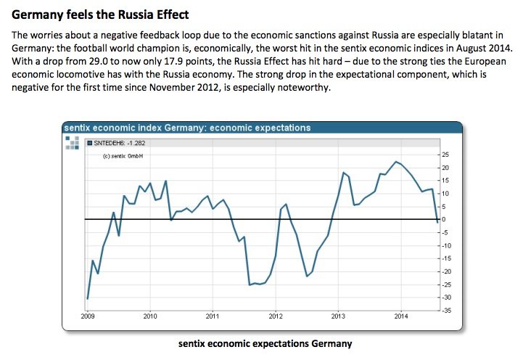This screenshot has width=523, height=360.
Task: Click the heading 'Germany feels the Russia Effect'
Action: [x=100, y=14]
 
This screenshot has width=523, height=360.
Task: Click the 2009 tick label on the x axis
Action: [x=88, y=316]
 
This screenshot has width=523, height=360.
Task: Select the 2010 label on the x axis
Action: [x=150, y=316]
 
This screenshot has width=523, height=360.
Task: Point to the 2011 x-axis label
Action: [x=213, y=316]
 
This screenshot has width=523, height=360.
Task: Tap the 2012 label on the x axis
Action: [x=276, y=316]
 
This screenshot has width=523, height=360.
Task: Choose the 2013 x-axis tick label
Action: [x=338, y=316]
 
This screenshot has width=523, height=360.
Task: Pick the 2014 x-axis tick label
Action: [x=401, y=316]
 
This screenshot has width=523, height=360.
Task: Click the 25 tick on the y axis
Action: [x=445, y=155]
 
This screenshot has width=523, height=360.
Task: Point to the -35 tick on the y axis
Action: [x=445, y=310]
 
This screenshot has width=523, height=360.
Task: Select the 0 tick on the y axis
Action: [x=443, y=219]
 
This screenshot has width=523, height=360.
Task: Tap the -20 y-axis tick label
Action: [x=445, y=271]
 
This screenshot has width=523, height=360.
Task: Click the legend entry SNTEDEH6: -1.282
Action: [x=117, y=143]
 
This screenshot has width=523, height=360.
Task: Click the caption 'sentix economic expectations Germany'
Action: [x=265, y=343]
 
